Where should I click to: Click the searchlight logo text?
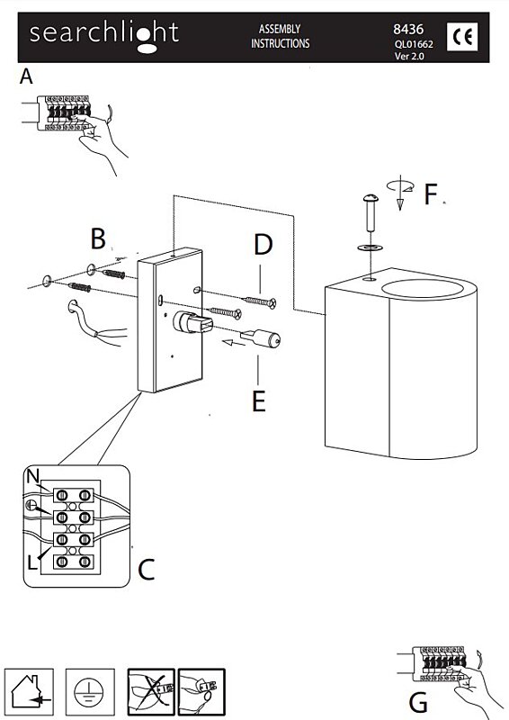coord(104,35)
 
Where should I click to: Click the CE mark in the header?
coord(461,37)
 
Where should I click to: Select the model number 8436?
coord(408,29)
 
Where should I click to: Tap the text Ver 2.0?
coord(409,57)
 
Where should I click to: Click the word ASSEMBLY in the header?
coord(280,29)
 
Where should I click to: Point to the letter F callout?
coord(431,193)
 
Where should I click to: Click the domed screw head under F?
coord(371,199)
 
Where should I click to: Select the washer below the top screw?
coord(370,248)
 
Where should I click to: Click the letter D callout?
coord(263,244)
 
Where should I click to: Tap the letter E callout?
coord(259,400)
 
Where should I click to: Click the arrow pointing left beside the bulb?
coord(233,342)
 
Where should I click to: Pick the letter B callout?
coord(98,238)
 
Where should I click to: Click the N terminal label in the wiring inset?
coord(33,477)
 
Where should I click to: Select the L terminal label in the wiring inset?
coord(31,562)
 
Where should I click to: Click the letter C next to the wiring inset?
coord(147,570)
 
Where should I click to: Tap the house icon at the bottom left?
coord(29,692)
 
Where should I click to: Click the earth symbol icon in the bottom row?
coord(90,692)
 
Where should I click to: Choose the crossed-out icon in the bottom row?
coord(151,692)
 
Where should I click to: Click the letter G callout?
coord(417,703)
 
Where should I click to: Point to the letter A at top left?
coord(26,76)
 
